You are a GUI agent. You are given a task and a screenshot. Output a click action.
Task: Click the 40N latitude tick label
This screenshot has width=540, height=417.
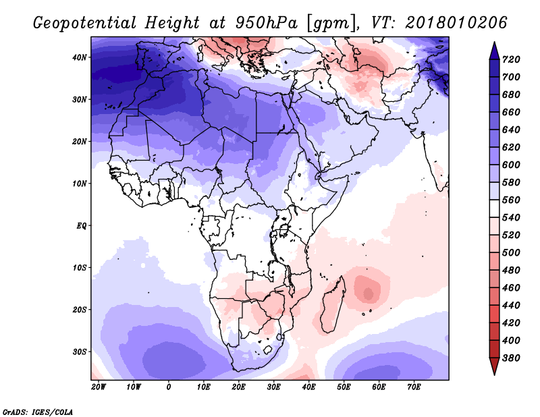(79, 57)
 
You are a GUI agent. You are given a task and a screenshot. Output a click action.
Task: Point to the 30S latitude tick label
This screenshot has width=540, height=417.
(80, 352)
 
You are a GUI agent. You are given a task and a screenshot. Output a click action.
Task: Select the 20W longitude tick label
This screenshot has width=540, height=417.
(99, 387)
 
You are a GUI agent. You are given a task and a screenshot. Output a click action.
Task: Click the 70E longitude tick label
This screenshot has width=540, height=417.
(414, 387)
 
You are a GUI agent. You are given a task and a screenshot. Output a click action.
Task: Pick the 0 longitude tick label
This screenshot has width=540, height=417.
(168, 387)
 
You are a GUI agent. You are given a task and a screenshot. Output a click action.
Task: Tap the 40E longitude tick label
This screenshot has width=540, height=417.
(308, 387)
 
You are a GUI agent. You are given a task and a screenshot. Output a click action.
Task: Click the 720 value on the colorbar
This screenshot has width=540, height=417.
(511, 59)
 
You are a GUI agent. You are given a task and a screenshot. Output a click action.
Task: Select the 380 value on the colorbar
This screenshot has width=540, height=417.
(511, 358)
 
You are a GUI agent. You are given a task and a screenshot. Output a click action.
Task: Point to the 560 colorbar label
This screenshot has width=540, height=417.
(511, 200)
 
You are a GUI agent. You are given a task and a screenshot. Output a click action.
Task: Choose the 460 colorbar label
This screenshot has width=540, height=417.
(511, 288)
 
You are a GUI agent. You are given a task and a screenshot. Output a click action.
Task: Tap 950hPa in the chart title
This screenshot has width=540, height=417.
(266, 23)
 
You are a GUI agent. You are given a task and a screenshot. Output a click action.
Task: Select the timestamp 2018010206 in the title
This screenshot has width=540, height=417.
(456, 23)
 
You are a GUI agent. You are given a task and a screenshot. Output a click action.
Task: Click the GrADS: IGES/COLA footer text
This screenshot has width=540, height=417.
(38, 412)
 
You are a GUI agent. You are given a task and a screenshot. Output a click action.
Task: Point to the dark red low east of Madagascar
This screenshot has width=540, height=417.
(368, 294)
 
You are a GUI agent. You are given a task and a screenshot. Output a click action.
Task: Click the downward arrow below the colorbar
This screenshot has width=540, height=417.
(494, 366)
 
